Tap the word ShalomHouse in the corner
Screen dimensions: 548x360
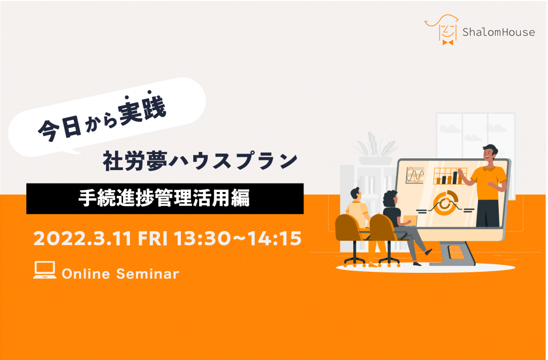pyautogui.click(x=498, y=32)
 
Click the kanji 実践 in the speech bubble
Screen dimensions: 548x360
pyautogui.click(x=142, y=109)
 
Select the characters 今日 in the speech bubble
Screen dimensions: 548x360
pyautogui.click(x=59, y=129)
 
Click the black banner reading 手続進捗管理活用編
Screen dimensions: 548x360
pyautogui.click(x=165, y=198)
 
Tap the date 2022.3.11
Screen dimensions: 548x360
pyautogui.click(x=82, y=239)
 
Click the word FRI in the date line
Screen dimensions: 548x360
pyautogui.click(x=153, y=239)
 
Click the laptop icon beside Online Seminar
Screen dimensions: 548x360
pyautogui.click(x=45, y=270)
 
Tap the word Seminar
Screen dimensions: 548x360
pyautogui.click(x=148, y=274)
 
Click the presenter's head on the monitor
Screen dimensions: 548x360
pyautogui.click(x=490, y=154)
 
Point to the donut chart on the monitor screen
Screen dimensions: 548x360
pyautogui.click(x=445, y=203)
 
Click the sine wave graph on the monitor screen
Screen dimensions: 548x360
pyautogui.click(x=415, y=175)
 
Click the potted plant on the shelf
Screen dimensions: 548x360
pyautogui.click(x=375, y=148)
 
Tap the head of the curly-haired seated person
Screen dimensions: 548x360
pyautogui.click(x=390, y=199)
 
